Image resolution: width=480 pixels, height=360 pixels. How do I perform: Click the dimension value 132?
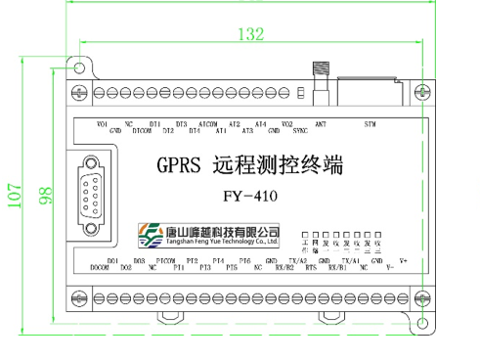pos(252,34)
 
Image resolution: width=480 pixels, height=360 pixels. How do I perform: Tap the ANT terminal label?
pos(321,124)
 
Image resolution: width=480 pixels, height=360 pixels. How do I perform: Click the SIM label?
pos(369,124)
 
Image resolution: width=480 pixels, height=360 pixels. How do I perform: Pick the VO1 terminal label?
pos(103,124)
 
